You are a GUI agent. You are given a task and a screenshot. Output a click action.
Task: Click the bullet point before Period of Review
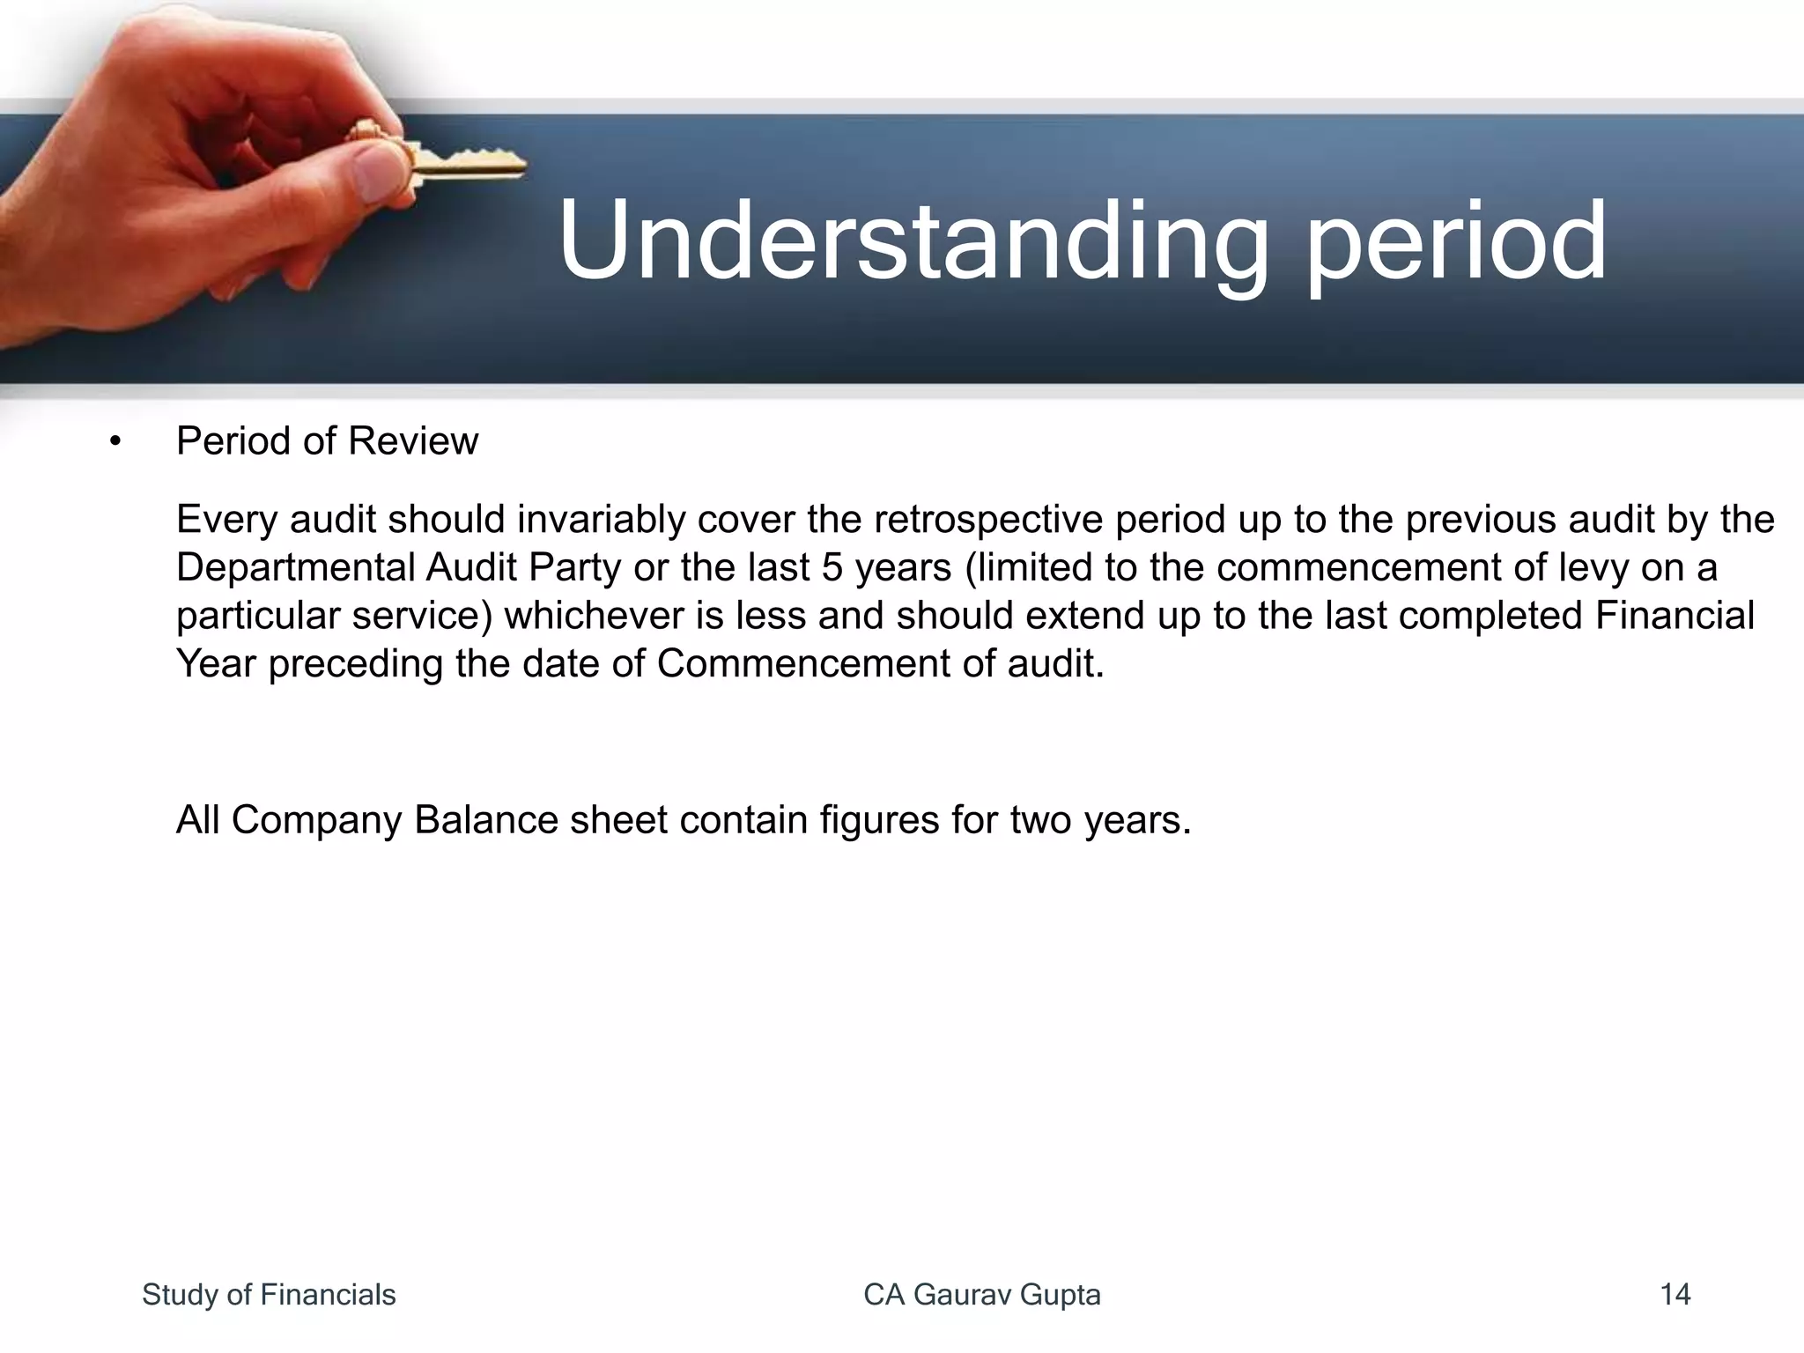coord(115,441)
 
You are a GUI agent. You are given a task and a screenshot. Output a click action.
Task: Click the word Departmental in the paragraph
coord(295,568)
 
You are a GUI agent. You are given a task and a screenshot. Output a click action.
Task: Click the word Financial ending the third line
coord(1675,616)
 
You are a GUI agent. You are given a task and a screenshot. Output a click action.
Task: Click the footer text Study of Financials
coord(269,1295)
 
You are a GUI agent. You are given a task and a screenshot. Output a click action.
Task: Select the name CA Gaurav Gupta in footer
coord(982,1295)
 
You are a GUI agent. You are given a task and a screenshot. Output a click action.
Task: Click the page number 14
coord(1675,1295)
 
